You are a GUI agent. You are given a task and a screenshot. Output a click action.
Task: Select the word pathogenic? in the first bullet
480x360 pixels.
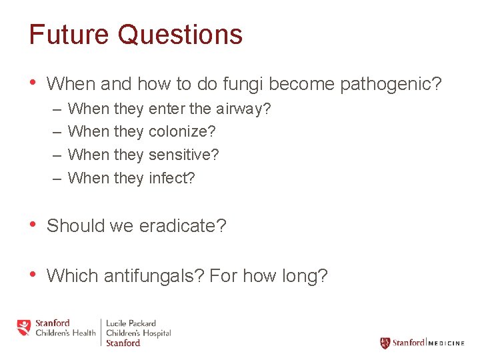(391, 85)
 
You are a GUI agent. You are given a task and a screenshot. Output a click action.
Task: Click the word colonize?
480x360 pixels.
(182, 132)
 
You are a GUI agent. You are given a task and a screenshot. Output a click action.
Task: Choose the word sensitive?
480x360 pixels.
(183, 155)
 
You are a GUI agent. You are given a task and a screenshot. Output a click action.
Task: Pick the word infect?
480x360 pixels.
(172, 178)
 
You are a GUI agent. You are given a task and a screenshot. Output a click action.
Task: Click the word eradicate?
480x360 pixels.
(183, 226)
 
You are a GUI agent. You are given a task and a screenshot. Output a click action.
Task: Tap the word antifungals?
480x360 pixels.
(153, 275)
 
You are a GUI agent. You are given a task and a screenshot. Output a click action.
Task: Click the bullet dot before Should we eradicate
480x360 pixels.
(33, 225)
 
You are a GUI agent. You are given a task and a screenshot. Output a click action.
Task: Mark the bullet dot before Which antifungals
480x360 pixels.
(33, 275)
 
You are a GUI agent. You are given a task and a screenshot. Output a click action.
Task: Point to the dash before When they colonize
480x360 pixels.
(55, 132)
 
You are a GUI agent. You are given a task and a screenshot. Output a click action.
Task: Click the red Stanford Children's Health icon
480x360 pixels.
(24, 327)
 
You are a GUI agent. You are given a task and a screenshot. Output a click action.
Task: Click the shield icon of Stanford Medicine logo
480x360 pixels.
(385, 343)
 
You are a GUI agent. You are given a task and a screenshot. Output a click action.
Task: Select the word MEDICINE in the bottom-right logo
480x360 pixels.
(446, 343)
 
